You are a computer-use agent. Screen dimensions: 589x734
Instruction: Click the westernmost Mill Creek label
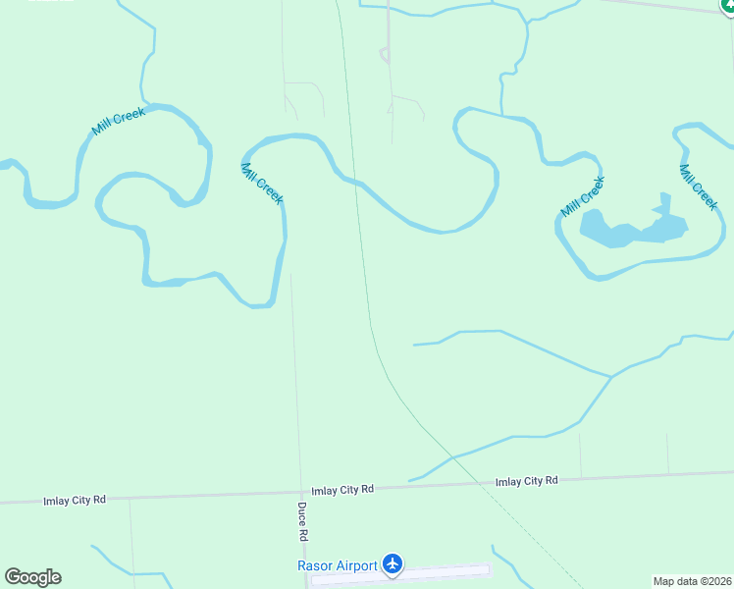pos(119,122)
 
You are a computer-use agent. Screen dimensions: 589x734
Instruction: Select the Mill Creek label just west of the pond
pos(583,196)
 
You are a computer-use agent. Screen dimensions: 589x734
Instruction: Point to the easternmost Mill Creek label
pos(699,186)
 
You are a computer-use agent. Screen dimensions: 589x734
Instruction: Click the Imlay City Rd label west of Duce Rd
pos(74,500)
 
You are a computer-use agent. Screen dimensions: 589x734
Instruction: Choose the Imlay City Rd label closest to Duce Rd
pos(342,489)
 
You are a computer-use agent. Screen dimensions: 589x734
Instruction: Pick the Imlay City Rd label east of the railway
pos(526,481)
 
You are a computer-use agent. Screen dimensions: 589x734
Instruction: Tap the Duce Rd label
pos(303,522)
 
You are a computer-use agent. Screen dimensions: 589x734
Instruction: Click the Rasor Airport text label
pos(338,565)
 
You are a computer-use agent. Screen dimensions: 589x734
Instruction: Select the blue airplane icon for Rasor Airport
pos(393,563)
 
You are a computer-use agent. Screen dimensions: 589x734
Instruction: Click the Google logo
pos(32,577)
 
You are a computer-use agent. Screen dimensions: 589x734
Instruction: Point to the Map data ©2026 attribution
pos(692,581)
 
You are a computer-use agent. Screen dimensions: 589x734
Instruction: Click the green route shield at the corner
pos(726,5)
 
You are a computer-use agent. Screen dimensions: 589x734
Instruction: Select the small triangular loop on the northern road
pos(385,55)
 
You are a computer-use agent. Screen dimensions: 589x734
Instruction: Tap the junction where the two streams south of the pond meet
pos(611,376)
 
